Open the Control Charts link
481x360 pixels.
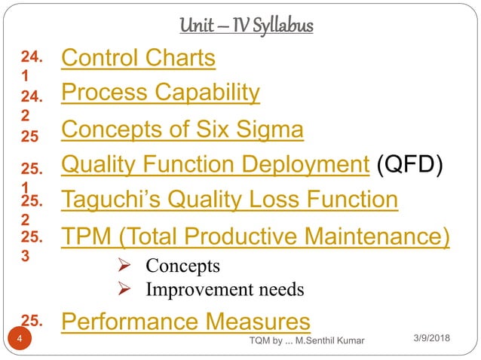click(138, 58)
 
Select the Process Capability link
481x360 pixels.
click(161, 93)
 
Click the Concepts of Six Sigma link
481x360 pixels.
click(182, 130)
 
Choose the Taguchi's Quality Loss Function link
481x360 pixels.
click(229, 200)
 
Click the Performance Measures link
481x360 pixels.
click(185, 322)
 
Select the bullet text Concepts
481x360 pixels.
click(182, 266)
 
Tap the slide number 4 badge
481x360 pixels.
click(18, 340)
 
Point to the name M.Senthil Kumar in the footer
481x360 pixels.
click(327, 341)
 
